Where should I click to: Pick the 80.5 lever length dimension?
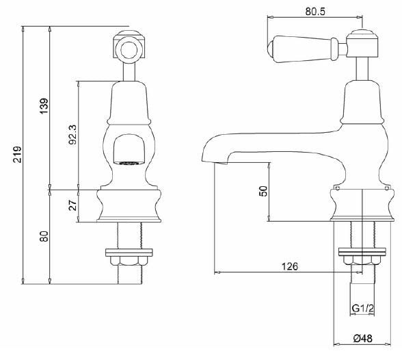point(316,10)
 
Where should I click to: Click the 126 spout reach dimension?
point(290,267)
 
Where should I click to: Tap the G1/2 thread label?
point(362,309)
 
